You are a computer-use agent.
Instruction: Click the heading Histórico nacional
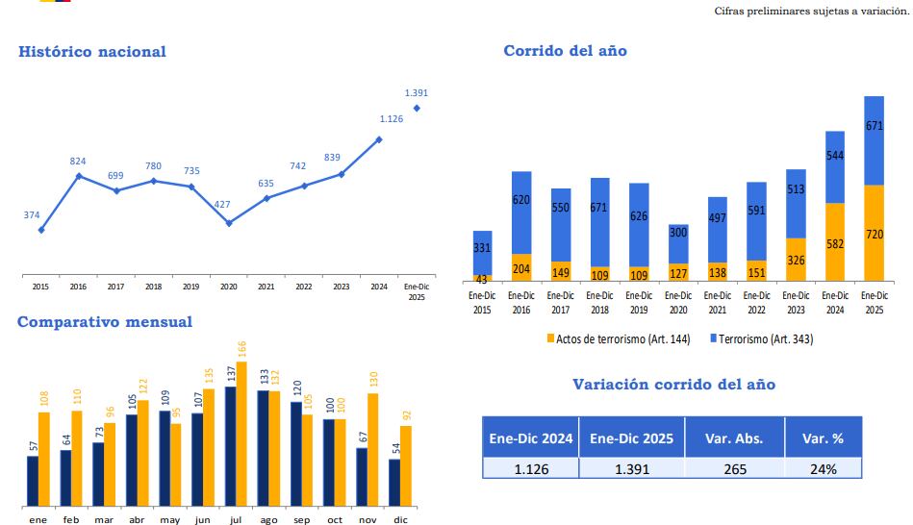92,52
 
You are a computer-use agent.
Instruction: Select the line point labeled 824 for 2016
78,176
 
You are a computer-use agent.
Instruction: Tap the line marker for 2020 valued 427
229,223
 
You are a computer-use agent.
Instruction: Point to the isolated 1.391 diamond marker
417,108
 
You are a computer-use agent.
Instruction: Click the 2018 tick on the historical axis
153,287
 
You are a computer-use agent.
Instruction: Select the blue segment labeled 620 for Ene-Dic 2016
521,212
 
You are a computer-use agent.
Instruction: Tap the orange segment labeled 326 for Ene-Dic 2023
796,260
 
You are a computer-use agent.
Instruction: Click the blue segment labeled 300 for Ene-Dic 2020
678,243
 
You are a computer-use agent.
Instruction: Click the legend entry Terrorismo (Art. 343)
767,338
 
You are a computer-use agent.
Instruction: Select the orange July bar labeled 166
241,434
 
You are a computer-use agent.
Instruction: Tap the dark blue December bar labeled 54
394,483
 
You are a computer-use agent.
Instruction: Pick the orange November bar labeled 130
372,449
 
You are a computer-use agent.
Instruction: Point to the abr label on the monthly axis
137,519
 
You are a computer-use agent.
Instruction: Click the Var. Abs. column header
734,438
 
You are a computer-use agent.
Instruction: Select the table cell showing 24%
823,469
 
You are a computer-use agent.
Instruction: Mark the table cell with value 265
734,469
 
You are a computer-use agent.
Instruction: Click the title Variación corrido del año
673,385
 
